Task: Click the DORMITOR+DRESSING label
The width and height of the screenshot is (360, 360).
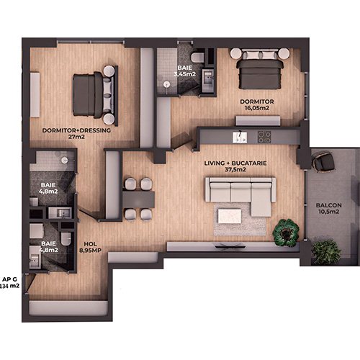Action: pos(76,130)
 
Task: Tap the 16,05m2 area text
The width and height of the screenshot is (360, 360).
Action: pos(257,108)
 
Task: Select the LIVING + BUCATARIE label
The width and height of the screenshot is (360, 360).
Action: pos(235,163)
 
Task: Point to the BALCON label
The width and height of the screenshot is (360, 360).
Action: pos(328,205)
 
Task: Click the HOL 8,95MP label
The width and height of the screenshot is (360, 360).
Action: pos(90,247)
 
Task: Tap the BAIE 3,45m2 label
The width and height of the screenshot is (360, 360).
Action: pos(185,71)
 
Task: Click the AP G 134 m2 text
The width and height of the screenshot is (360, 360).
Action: pos(9,283)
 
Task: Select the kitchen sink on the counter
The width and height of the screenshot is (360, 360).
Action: pos(240,138)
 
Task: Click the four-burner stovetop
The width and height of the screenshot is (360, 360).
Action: pos(264,137)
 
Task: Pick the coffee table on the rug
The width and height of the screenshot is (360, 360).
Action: pos(230,216)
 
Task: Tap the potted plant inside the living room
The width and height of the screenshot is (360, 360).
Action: pos(286,233)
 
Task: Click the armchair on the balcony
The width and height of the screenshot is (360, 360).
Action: pos(323,162)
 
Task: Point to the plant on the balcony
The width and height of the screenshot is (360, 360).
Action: pos(326,252)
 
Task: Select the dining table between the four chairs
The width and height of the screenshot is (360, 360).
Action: pos(138,199)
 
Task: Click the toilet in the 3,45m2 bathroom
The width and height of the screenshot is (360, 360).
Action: pos(197,58)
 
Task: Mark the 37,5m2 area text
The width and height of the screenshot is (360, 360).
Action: pos(235,170)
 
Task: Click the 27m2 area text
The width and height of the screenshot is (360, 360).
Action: pos(76,137)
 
